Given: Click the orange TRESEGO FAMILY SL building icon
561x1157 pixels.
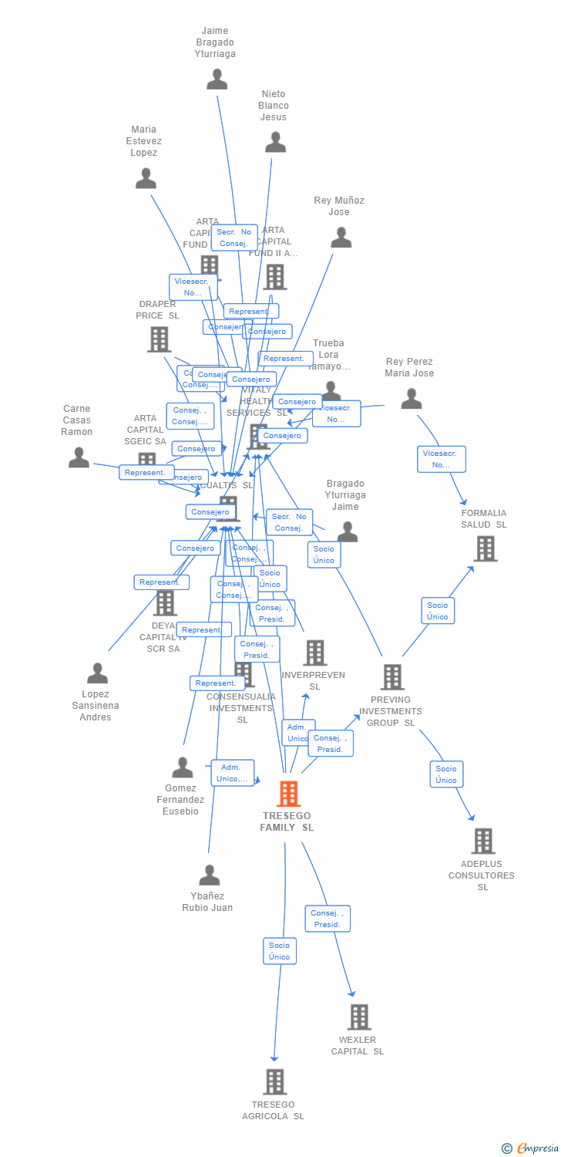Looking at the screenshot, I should (288, 794).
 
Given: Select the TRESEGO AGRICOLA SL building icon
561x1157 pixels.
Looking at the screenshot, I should (274, 1081).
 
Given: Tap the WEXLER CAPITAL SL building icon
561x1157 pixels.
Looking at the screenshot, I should (358, 1017).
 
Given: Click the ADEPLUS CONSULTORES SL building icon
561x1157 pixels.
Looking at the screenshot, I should (482, 841).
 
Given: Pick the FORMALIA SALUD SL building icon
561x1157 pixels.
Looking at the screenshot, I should (485, 548).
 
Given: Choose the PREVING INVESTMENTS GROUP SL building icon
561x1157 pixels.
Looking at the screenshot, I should (391, 677).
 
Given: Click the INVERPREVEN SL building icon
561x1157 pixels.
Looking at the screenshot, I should (314, 653).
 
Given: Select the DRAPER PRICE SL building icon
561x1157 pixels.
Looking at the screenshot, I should (158, 339).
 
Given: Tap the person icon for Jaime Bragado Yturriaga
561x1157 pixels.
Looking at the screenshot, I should (217, 79).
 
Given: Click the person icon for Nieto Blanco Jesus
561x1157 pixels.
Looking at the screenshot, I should (275, 142).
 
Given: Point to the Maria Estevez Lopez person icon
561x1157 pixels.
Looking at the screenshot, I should (146, 178).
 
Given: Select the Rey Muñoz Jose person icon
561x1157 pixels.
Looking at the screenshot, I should (341, 238).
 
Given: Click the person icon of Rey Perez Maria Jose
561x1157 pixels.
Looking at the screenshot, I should (412, 399).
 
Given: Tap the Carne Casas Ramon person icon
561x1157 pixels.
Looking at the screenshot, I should (79, 457).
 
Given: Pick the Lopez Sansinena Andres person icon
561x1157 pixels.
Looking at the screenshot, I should (97, 673).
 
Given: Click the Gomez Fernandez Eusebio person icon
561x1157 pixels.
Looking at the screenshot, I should (183, 767).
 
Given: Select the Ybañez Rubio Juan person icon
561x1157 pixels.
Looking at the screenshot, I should (209, 875).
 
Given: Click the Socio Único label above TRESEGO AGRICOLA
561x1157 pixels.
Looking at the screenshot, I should (279, 950).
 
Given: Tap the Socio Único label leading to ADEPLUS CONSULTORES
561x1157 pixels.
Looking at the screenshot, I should (445, 774).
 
